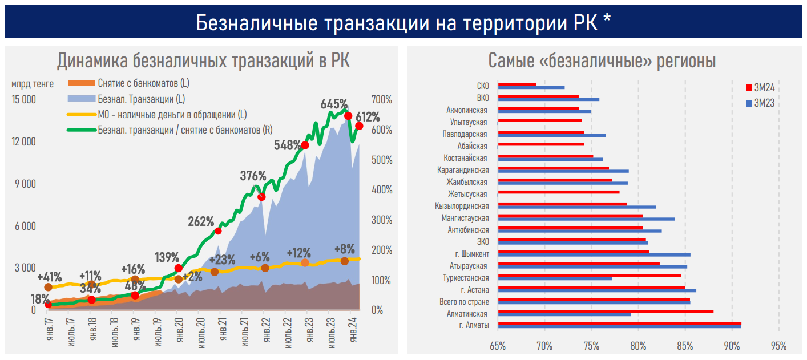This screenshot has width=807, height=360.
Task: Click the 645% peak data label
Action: point(334,104)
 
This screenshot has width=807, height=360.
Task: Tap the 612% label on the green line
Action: point(368,118)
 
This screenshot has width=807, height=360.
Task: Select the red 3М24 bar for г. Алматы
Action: point(619,323)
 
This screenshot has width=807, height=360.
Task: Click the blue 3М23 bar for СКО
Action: point(531,87)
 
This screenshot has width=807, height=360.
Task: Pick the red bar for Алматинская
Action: point(606,311)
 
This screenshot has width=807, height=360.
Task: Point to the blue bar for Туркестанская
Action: point(555,278)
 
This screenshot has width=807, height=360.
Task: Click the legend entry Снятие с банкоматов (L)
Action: point(143,83)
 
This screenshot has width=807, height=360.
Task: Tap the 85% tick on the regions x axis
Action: point(685,346)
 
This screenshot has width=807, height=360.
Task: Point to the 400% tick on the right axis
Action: point(382,189)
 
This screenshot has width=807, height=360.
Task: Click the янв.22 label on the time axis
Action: point(265,330)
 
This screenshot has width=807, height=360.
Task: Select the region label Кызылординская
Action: point(462,205)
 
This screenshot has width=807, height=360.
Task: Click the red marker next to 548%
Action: point(305,145)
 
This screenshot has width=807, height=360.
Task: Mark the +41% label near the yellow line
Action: point(50,277)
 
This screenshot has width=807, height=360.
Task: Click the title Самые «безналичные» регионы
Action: point(602,61)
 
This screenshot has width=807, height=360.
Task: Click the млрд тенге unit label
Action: point(32,84)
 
